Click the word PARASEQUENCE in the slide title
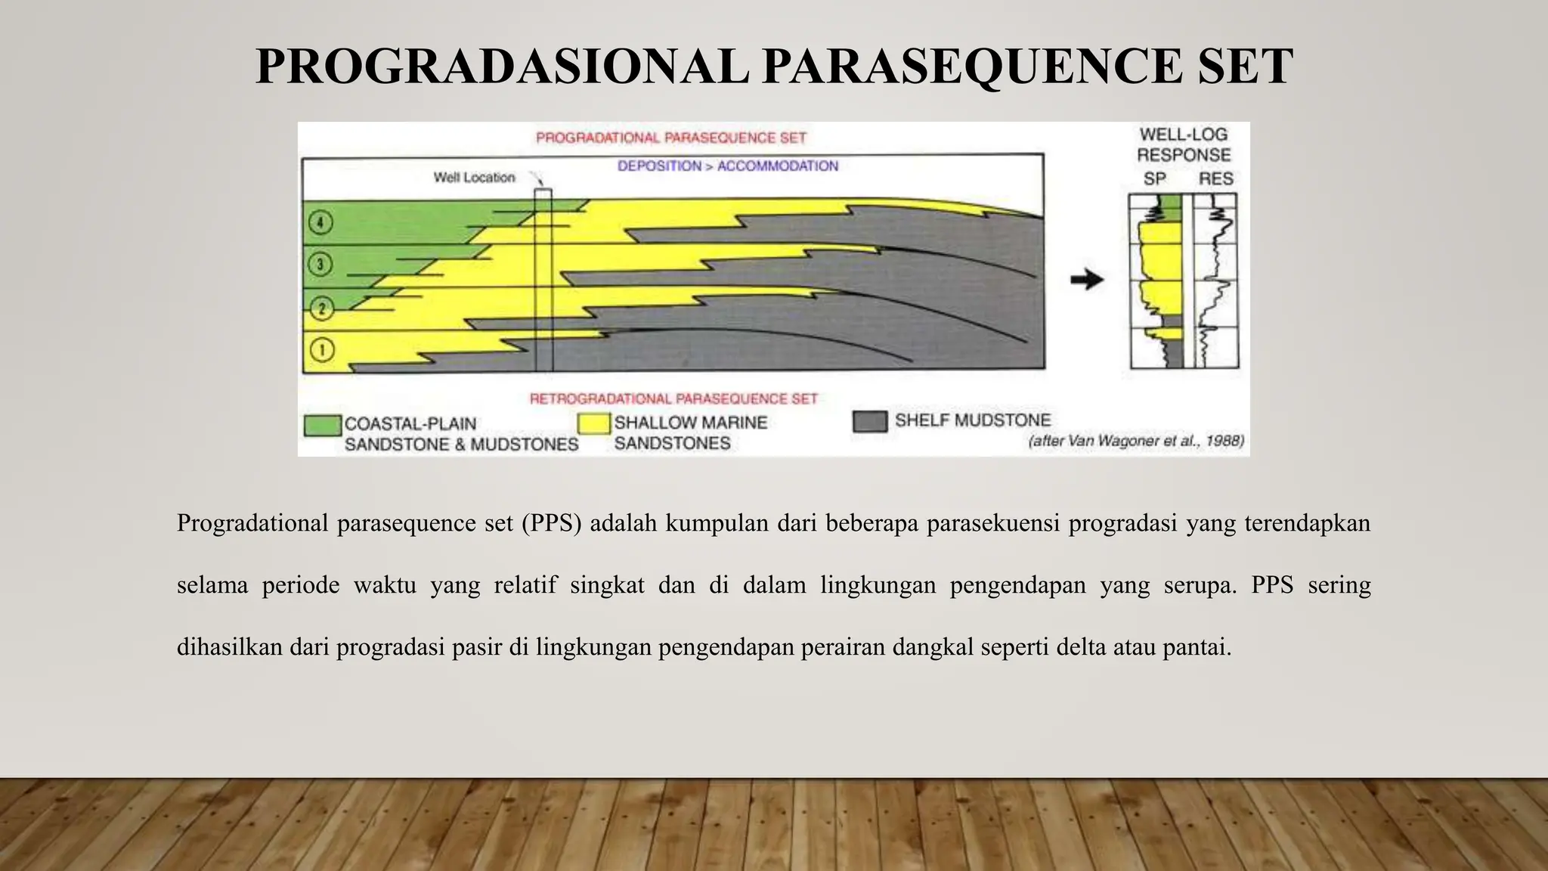[972, 67]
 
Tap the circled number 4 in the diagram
[321, 222]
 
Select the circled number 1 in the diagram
[322, 350]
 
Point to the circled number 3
[321, 265]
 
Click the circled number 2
[322, 308]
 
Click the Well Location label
[474, 178]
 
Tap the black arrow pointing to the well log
[1087, 280]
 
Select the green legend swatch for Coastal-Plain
[322, 426]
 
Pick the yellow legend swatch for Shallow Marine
[593, 424]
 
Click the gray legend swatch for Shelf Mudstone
[869, 421]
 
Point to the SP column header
[1154, 179]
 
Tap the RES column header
[1215, 179]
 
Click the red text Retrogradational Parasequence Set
[673, 398]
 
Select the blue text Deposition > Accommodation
[727, 166]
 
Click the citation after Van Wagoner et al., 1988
[1135, 441]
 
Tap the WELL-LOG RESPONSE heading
[1184, 144]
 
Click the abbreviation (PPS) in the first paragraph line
[551, 523]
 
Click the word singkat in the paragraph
[607, 585]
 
